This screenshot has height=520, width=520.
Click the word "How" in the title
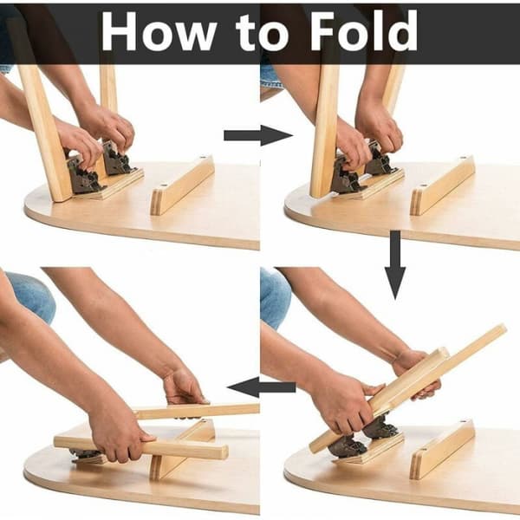coord(159,31)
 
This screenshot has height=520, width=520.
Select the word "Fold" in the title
coord(364,30)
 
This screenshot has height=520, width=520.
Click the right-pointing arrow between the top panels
coord(258,135)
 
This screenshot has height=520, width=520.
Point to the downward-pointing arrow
coord(395,265)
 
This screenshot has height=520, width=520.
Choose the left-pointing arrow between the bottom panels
coord(262,387)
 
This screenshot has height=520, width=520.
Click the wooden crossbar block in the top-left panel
coord(182,185)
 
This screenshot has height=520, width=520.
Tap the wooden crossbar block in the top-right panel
coord(442,185)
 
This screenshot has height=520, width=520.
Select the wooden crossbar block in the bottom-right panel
coord(442,449)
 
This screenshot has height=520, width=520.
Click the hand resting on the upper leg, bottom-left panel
coord(185,387)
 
